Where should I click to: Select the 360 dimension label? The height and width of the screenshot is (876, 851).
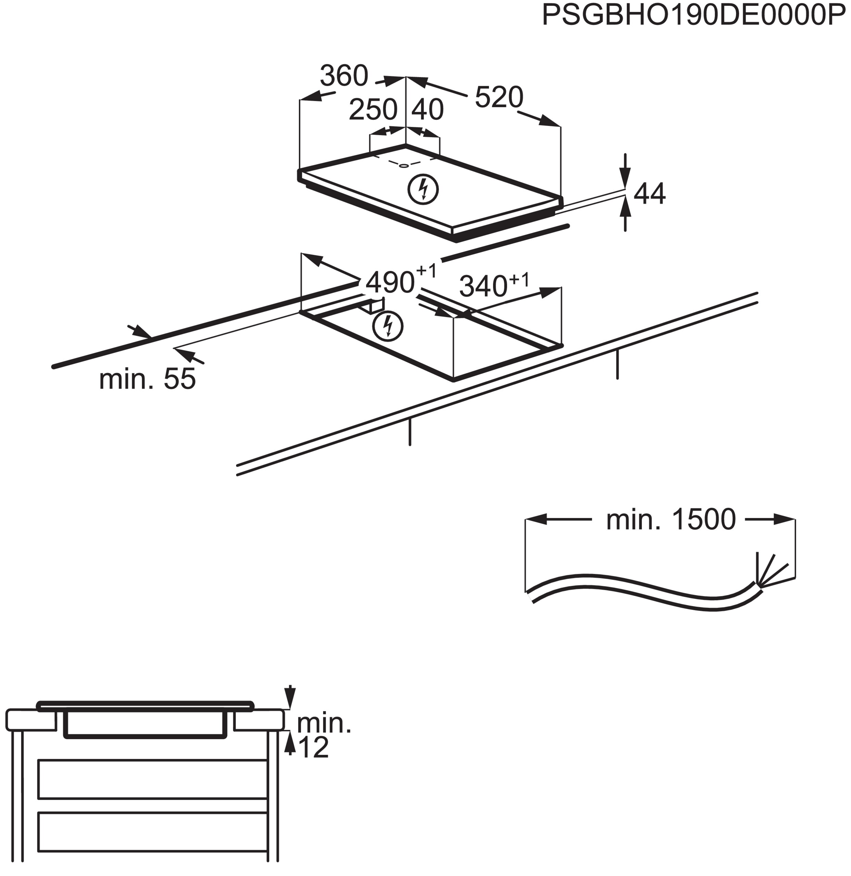click(x=344, y=76)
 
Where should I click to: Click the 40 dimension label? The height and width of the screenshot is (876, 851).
click(x=427, y=109)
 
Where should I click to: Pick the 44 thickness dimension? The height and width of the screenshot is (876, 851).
click(x=650, y=194)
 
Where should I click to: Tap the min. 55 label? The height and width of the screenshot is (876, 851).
click(x=147, y=379)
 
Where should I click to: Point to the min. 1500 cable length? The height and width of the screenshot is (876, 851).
click(x=670, y=519)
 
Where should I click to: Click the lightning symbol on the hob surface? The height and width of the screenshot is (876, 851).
click(x=423, y=190)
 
